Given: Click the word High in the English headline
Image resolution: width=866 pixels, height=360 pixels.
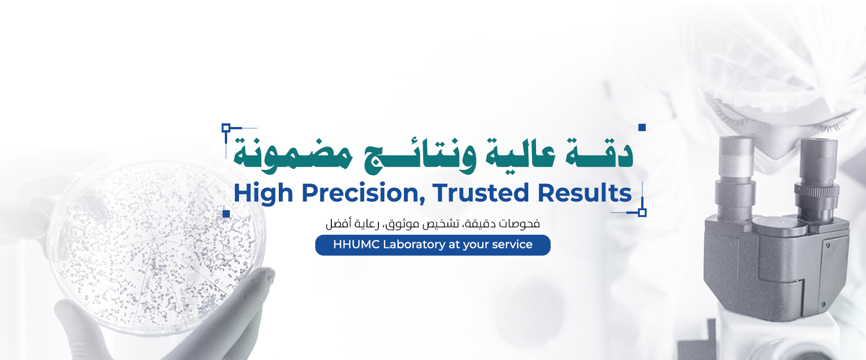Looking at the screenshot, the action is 263,193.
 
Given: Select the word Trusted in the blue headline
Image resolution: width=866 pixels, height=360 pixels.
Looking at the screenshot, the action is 481,192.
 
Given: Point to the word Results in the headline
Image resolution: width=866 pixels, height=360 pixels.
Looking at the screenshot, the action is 585,192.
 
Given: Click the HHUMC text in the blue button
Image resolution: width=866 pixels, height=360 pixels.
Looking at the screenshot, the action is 356,244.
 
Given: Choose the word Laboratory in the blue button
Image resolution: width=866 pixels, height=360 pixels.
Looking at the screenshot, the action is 414,245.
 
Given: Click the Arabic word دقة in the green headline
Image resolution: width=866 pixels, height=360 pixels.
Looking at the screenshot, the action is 600,153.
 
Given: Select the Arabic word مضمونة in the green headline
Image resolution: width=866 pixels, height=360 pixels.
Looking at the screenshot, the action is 293,155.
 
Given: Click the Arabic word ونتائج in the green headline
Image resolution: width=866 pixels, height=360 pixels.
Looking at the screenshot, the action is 420,155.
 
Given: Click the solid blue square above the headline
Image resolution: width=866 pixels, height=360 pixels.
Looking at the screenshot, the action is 642,127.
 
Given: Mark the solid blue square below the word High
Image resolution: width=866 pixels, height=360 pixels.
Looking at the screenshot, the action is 226,214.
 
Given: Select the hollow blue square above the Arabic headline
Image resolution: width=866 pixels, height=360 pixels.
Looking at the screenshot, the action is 226,127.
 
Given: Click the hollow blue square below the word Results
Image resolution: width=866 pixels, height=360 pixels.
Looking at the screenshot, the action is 642,212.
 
